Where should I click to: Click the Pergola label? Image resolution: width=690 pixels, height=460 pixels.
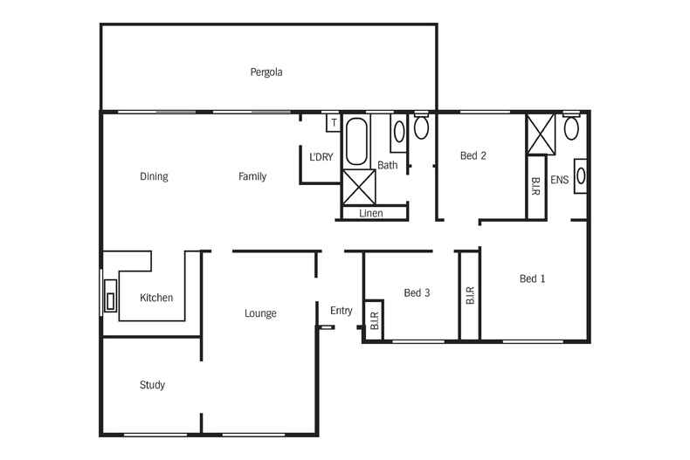pos(266,72)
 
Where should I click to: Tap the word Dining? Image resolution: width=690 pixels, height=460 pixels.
pos(154,176)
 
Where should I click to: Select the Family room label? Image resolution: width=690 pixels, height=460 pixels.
pos(252,176)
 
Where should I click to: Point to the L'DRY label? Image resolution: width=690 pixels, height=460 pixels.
pos(321,157)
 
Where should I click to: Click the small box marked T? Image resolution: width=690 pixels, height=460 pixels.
pos(333,123)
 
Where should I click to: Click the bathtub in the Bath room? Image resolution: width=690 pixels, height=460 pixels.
pos(356,142)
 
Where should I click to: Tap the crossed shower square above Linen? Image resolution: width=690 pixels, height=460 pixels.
pos(358,187)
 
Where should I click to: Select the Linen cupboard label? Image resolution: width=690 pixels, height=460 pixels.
pos(371,213)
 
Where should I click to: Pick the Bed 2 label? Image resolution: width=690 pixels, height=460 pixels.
pos(473,156)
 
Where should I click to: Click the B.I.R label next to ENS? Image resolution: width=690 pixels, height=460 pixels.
pos(535,185)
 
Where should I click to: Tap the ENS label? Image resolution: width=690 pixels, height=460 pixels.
pos(560,181)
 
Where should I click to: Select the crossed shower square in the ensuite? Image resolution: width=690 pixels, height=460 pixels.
pos(542,134)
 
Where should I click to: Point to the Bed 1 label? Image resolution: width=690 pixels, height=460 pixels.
pos(532,279)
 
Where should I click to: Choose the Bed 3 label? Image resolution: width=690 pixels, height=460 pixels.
pos(417,293)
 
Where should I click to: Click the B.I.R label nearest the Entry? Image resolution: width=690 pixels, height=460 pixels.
pos(374,323)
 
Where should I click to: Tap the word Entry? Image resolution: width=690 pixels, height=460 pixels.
pos(342,311)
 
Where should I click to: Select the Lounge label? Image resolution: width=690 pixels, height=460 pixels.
pos(260,313)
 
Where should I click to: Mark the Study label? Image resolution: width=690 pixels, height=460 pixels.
pos(152,385)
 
